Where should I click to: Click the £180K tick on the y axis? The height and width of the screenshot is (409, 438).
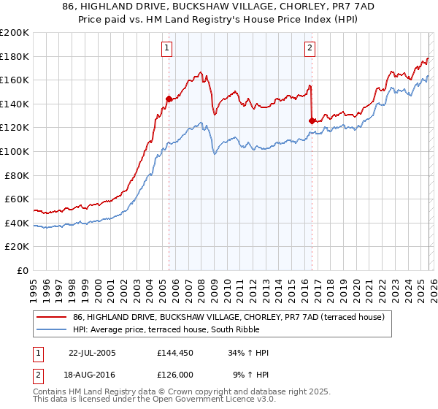click(x=15, y=56)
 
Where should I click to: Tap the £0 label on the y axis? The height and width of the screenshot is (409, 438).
click(x=24, y=270)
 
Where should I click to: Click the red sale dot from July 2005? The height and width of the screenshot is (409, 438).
click(x=169, y=99)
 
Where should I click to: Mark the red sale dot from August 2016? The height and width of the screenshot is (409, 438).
click(x=312, y=121)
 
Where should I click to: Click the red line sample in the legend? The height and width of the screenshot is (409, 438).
click(x=53, y=317)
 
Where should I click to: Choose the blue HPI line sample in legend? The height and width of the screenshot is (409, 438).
click(x=53, y=329)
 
